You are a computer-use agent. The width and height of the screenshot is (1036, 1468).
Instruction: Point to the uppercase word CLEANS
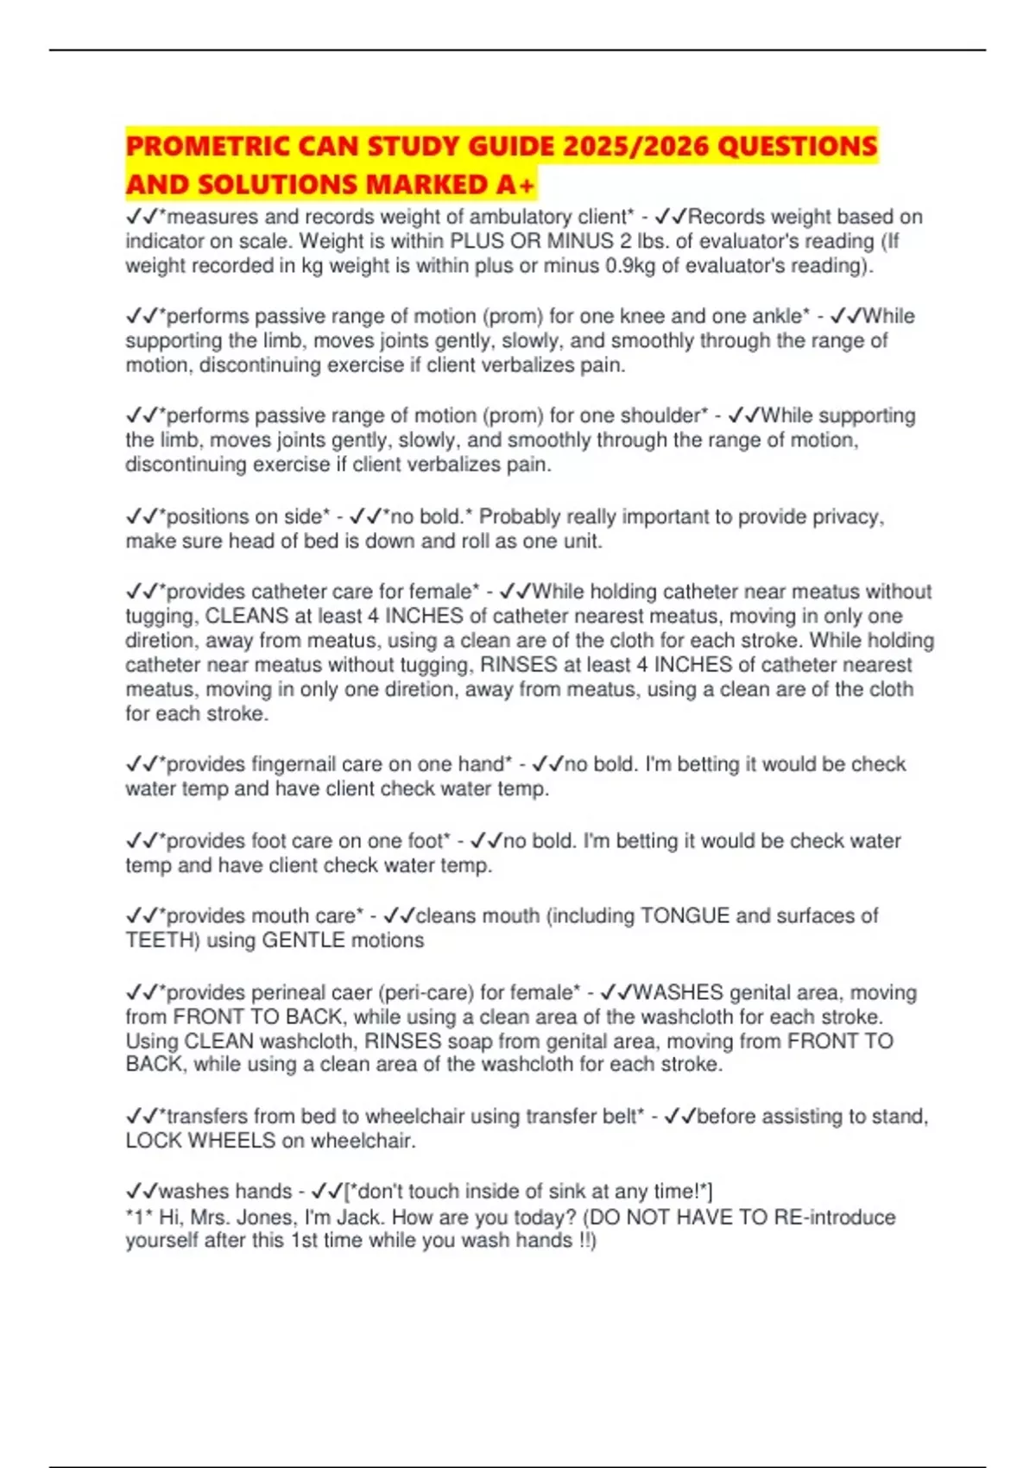point(247,616)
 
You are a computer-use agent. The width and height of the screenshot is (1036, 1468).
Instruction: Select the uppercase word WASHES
point(679,992)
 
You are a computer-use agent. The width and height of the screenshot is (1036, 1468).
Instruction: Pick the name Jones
point(269,1218)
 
